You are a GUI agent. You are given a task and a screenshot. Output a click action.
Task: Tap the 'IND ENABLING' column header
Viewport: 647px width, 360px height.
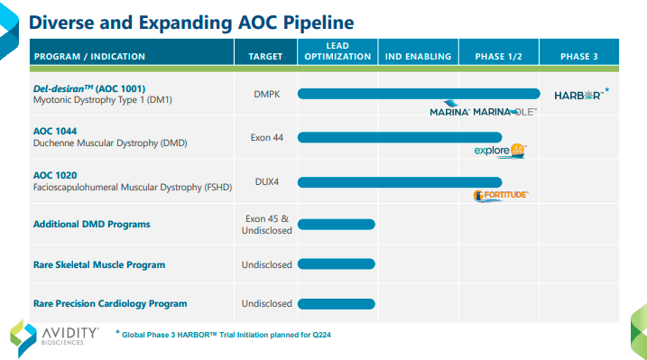418,56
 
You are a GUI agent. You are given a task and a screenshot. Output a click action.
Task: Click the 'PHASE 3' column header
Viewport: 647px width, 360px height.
578,56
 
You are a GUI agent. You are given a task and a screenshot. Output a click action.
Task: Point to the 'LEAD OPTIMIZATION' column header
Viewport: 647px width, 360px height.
337,51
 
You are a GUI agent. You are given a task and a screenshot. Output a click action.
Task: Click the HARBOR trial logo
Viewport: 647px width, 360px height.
578,94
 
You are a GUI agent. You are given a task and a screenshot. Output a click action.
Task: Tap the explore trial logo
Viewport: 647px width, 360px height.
500,151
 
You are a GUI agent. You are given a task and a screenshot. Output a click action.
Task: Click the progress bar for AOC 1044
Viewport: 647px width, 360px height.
399,137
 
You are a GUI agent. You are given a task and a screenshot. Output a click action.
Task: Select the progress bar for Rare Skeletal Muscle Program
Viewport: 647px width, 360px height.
336,264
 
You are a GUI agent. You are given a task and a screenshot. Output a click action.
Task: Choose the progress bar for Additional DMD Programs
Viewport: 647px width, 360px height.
336,224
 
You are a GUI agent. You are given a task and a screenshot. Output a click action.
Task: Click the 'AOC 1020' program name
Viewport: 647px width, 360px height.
54,174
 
